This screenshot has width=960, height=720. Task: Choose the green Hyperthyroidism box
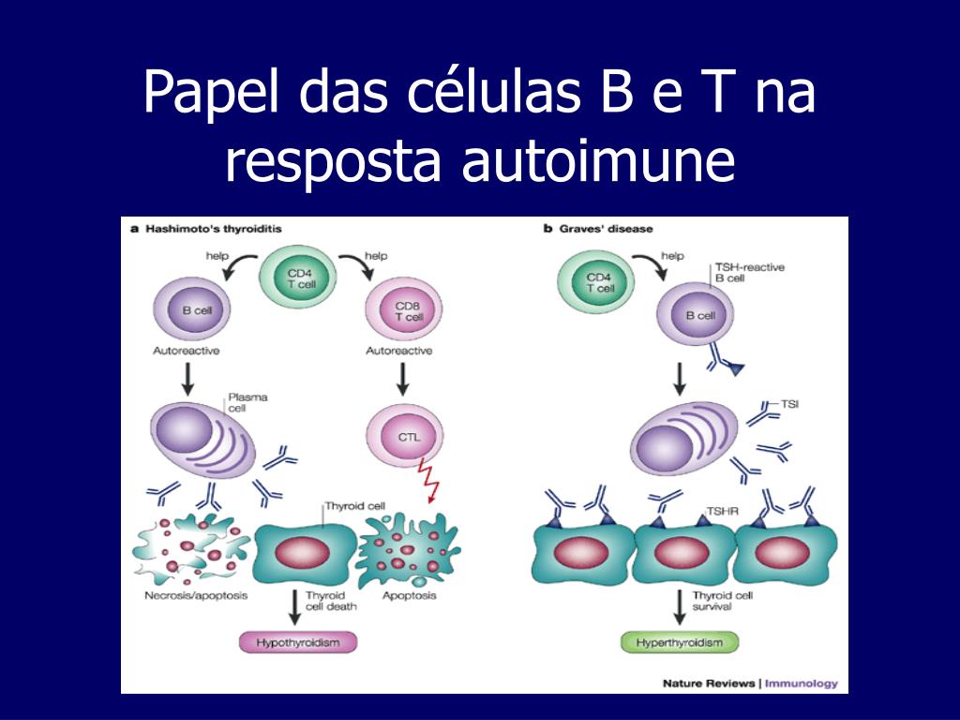[x=680, y=642]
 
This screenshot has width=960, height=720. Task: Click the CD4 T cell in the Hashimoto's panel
[x=301, y=277]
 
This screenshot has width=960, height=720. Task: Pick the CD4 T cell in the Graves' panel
[x=599, y=283]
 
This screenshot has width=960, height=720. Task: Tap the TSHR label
[x=723, y=512]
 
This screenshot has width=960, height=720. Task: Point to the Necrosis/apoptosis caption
[x=196, y=596]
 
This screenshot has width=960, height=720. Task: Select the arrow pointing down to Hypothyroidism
[x=295, y=607]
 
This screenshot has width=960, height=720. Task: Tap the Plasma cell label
[x=247, y=403]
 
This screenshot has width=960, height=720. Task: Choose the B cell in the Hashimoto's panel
[x=196, y=311]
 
